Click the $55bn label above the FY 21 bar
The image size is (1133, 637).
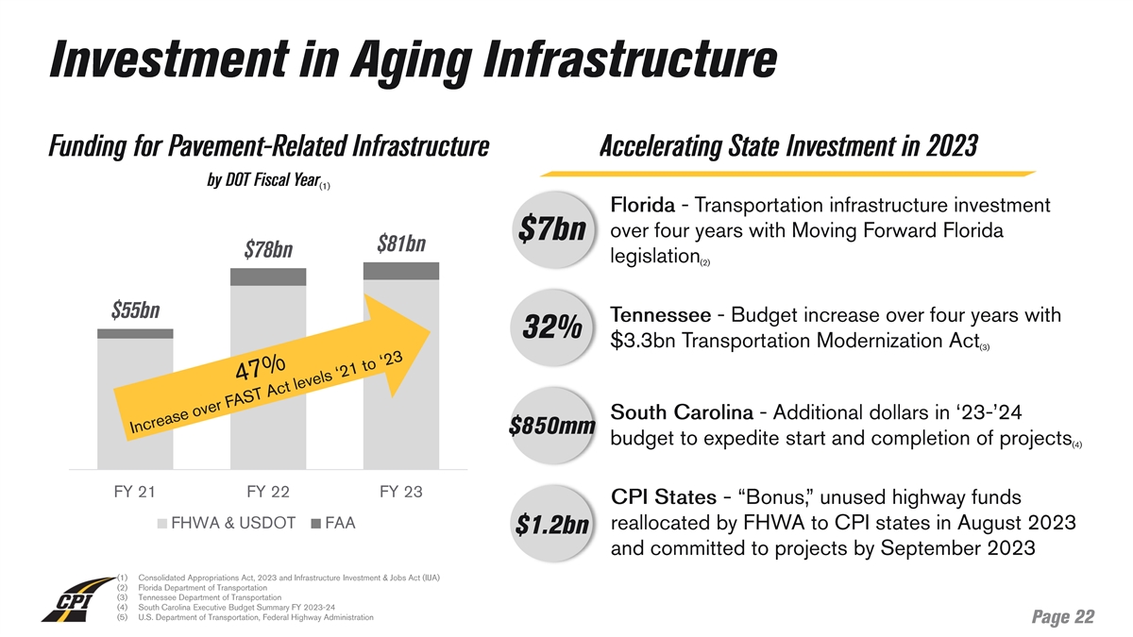[x=135, y=310]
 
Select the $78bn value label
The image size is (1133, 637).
[x=268, y=250]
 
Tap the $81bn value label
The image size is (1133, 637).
[x=401, y=243]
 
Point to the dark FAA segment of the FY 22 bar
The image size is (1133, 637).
[x=268, y=277]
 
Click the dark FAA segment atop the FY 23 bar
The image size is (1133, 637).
[x=401, y=271]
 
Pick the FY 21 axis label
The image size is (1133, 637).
[x=135, y=492]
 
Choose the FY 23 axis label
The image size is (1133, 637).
[x=401, y=492]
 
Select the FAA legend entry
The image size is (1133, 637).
[x=333, y=523]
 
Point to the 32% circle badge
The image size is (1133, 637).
[x=551, y=328]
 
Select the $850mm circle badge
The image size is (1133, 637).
[x=551, y=426]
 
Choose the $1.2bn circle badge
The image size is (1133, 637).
[x=551, y=525]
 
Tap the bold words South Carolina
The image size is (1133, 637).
[x=682, y=412]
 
